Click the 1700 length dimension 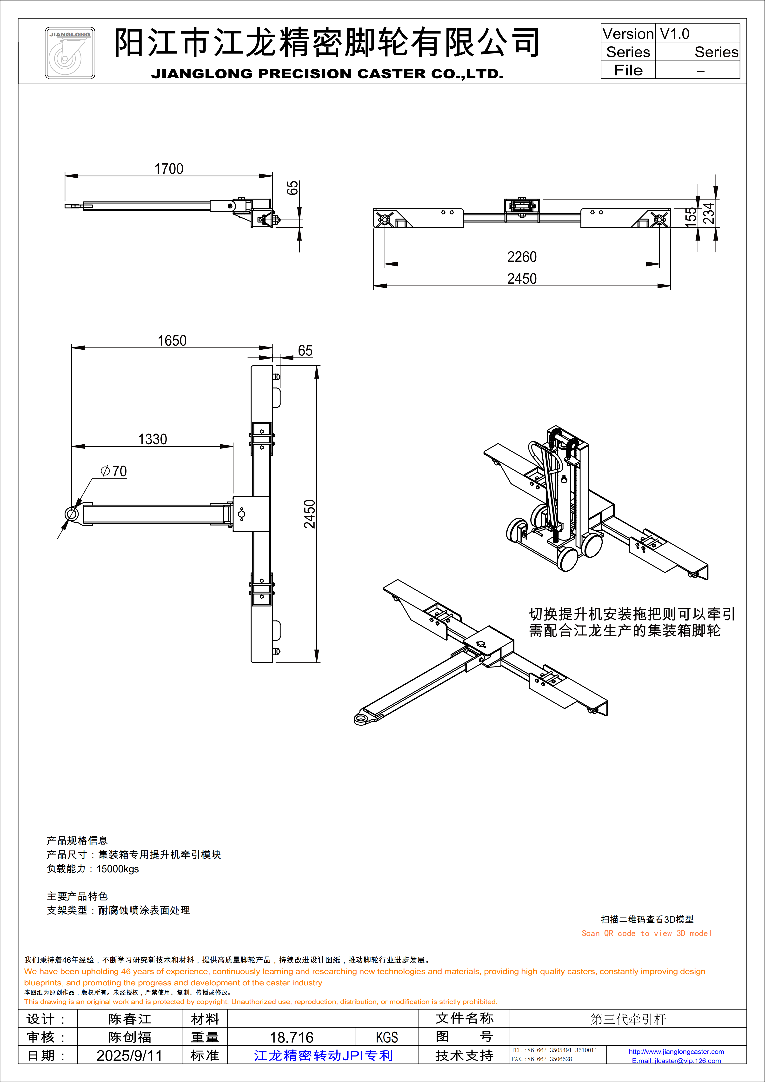coord(169,169)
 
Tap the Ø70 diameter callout coord(113,471)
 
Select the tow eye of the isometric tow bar coord(362,718)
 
